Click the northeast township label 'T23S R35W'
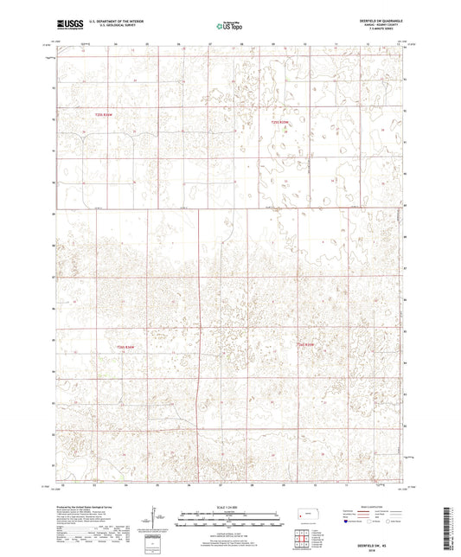279,122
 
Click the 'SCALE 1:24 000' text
228,506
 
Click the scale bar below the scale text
228,518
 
